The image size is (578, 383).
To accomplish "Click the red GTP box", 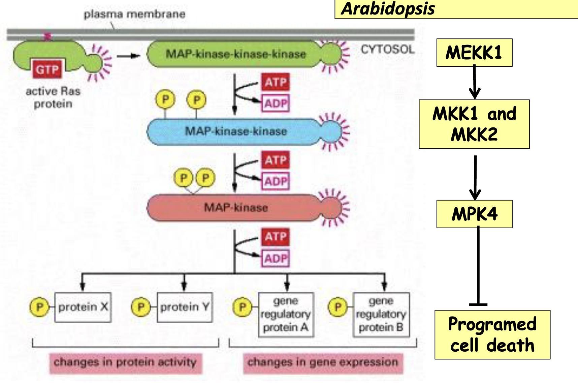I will click(47, 69).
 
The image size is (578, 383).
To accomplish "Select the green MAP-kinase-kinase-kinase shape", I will click(235, 54).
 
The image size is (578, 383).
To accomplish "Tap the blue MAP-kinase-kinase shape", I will click(235, 131).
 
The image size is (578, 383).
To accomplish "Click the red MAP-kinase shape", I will click(235, 207).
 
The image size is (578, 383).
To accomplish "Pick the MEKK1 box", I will click(474, 53).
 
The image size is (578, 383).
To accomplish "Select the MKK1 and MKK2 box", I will click(474, 124).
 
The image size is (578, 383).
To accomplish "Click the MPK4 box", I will click(474, 214).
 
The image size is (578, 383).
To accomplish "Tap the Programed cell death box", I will click(492, 335).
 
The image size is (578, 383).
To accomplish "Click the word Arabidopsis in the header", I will click(388, 8).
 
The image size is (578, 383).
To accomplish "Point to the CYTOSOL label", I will click(388, 50).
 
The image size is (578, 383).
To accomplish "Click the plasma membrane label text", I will click(134, 14).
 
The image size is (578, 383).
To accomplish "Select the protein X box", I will click(83, 307).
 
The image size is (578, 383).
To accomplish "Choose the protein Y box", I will click(185, 307).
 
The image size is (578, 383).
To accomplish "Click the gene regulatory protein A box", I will click(286, 314).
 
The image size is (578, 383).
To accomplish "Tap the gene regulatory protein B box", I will click(381, 314).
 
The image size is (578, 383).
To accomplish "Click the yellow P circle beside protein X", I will click(39, 307).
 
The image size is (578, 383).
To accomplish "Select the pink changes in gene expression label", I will click(323, 363).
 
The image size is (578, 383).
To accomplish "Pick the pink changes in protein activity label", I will click(125, 363).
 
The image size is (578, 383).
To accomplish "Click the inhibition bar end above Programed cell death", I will click(478, 304).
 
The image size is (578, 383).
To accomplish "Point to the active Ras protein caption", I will click(53, 97).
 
